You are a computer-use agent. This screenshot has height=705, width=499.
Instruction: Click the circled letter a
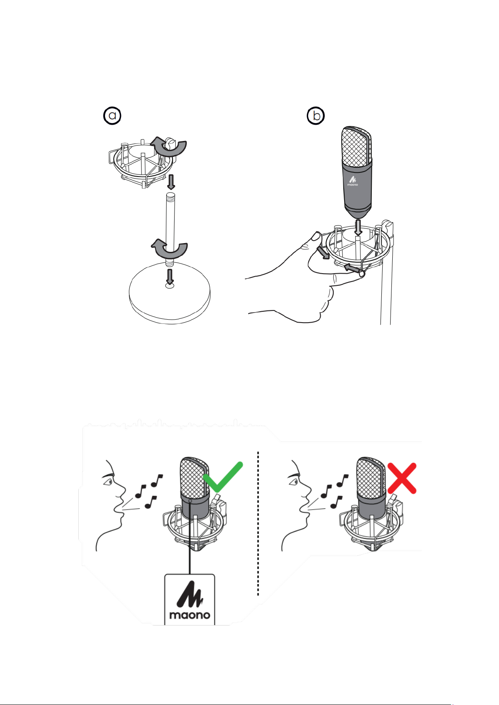112,115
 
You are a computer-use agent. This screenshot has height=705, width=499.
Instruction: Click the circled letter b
316,115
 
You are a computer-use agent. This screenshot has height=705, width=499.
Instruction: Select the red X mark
402,478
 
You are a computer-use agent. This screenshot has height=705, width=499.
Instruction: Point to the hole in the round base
170,285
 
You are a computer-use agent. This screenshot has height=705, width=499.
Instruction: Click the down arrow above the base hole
170,277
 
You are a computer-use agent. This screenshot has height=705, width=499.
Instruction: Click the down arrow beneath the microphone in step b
358,227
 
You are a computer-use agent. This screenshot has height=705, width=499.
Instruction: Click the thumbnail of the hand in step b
316,236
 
